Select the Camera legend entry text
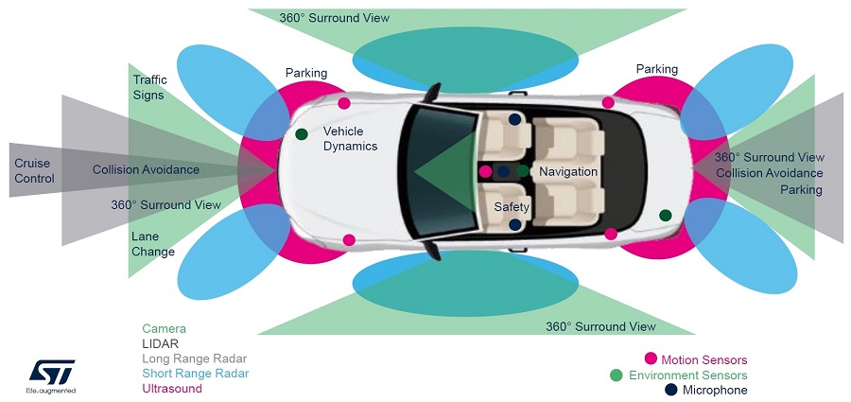[164, 328]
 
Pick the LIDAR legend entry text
[160, 343]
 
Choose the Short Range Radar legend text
[194, 374]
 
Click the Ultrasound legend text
[172, 389]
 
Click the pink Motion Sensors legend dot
[651, 359]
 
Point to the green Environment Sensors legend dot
[651, 376]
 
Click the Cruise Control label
[34, 171]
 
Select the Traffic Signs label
[148, 88]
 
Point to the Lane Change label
[153, 245]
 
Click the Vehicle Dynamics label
[350, 138]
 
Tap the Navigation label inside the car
[568, 171]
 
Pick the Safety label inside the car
[512, 206]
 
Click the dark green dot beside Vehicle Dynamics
[302, 134]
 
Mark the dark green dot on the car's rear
[666, 215]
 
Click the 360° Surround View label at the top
[334, 18]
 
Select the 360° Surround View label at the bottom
[600, 326]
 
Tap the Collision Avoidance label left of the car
[146, 169]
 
